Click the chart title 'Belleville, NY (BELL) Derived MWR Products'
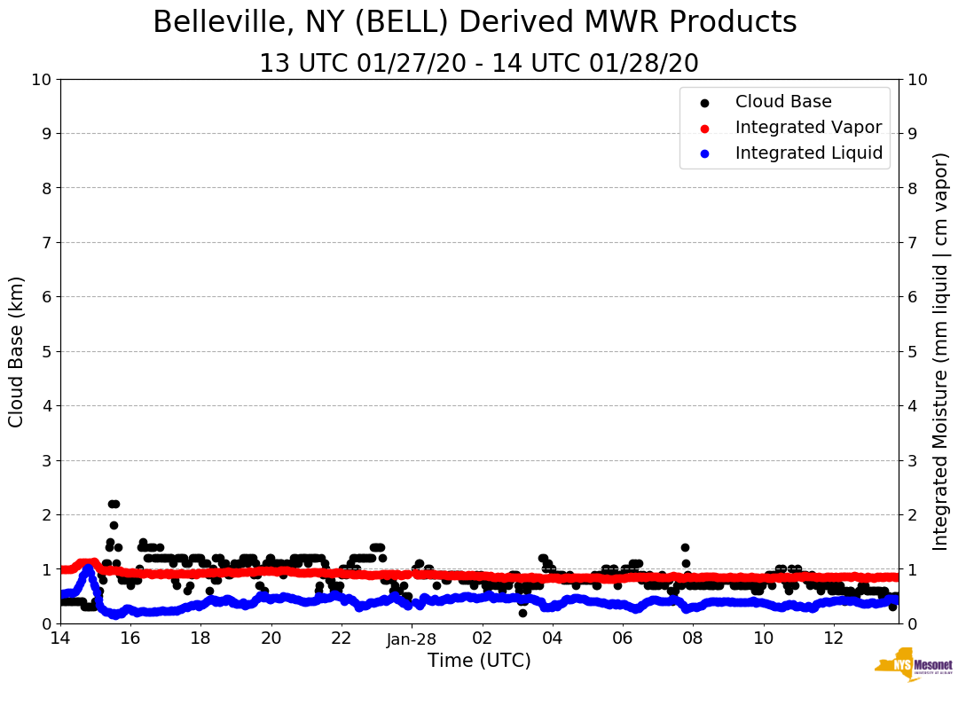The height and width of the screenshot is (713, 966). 475,22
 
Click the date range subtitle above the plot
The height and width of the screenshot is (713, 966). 478,64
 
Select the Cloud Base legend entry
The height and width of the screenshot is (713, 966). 783,102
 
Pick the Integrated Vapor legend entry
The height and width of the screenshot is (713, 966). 808,128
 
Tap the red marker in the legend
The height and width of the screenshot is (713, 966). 705,128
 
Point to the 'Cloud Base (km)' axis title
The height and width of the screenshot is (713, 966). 17,351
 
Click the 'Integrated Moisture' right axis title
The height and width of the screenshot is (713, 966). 941,351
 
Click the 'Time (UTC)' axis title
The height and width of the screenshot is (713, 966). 479,661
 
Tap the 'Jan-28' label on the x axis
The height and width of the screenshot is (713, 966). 412,639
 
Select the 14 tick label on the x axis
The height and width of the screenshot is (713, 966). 60,639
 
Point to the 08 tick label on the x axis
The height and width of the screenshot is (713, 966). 693,639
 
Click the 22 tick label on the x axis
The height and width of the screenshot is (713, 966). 342,639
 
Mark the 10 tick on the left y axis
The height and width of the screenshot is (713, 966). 41,80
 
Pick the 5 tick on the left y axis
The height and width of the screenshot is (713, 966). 46,352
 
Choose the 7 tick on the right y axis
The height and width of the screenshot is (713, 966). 912,243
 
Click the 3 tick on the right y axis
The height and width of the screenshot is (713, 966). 912,460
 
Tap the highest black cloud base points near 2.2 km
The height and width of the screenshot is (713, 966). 114,504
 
